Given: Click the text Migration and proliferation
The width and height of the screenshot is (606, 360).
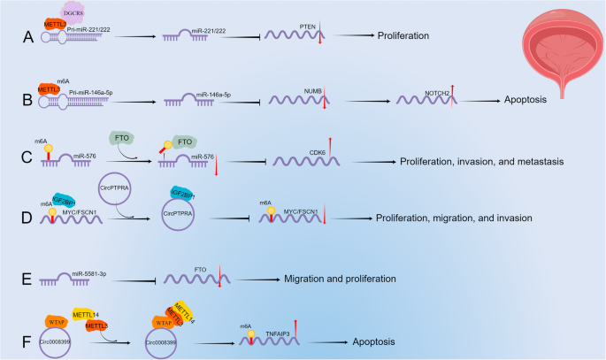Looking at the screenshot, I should click(x=340, y=278).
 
